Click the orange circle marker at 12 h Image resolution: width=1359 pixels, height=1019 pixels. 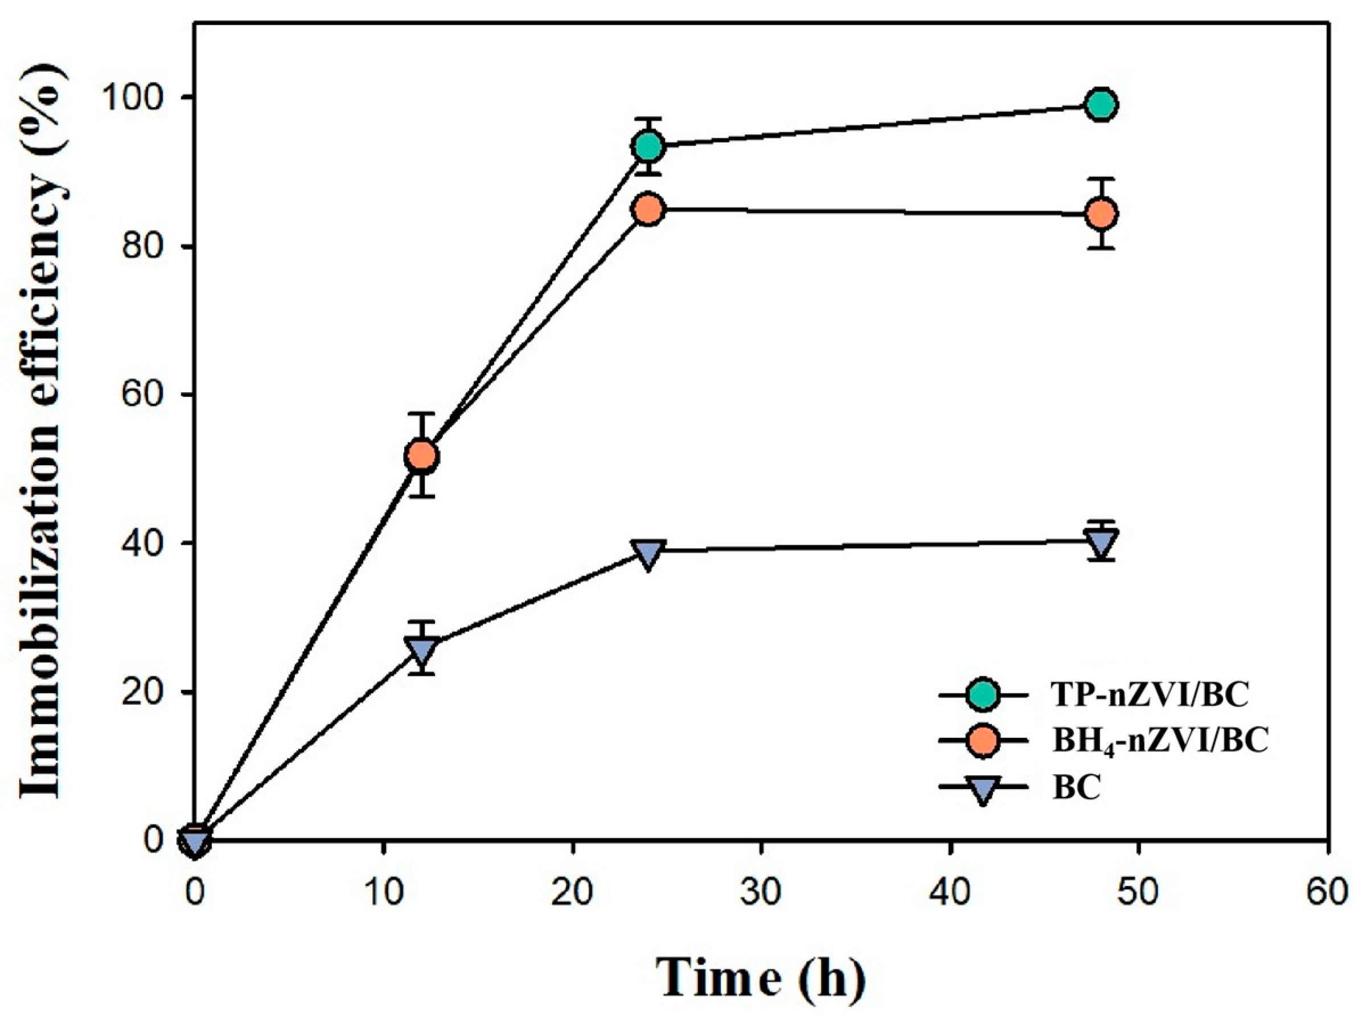[421, 455]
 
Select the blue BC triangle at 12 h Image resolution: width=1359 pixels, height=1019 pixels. [421, 650]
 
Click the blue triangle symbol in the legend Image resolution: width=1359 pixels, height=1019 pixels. [983, 789]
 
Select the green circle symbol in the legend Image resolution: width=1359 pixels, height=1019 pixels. [983, 695]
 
